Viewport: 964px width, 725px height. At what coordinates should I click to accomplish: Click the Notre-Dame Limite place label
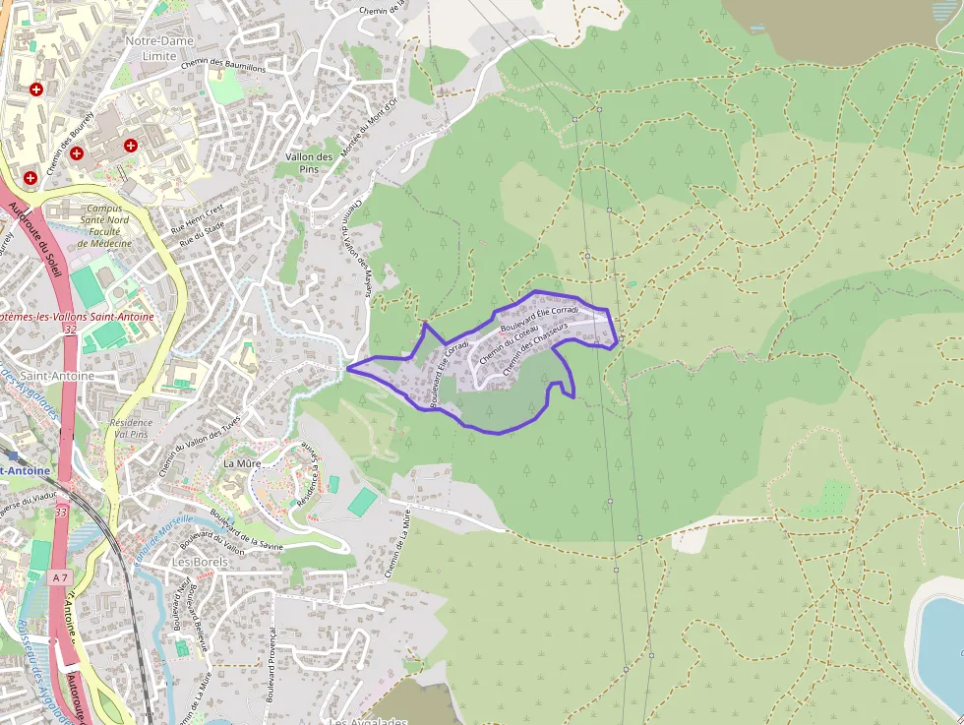[x=159, y=48]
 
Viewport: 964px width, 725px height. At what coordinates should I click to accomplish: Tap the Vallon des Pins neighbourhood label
[x=309, y=163]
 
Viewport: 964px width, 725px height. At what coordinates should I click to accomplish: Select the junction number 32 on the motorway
[x=69, y=330]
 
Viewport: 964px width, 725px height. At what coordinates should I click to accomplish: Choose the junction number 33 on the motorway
[x=62, y=513]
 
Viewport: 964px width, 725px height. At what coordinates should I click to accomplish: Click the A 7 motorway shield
[x=61, y=576]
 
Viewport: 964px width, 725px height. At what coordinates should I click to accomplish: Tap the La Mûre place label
[x=241, y=462]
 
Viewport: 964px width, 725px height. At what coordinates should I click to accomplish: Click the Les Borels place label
[x=200, y=562]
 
